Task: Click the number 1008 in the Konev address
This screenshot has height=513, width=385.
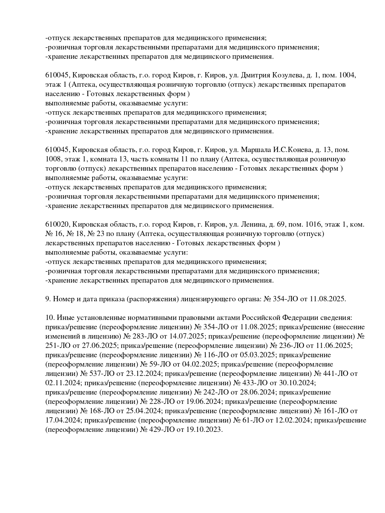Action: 53,159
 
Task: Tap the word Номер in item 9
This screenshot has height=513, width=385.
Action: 63,299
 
